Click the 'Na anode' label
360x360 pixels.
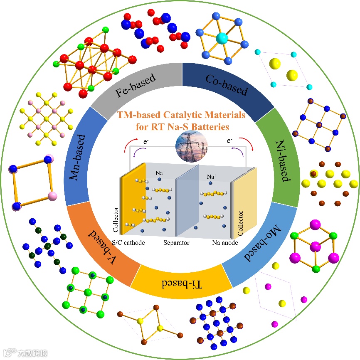point(224,243)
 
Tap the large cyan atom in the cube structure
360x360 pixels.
point(222,39)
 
